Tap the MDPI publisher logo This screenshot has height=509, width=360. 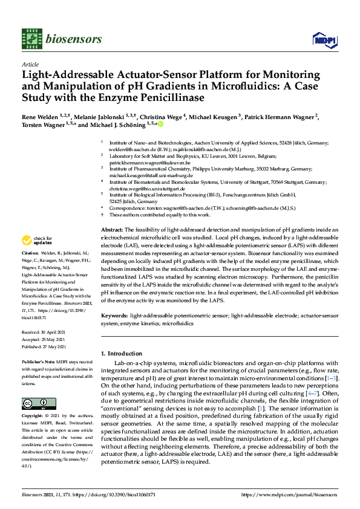(x=321, y=40)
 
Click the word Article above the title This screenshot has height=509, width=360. (x=30, y=64)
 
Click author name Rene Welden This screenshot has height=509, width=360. (x=38, y=115)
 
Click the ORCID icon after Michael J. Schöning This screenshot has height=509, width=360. (x=161, y=124)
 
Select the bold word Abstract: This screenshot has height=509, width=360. (x=111, y=230)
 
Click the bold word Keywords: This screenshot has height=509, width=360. (x=114, y=316)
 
